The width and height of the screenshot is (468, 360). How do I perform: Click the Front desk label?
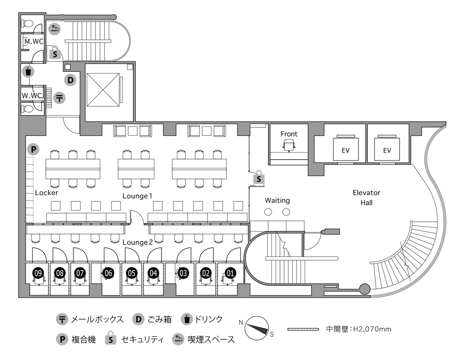[x=289, y=134]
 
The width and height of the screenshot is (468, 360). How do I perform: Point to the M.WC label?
[x=34, y=41]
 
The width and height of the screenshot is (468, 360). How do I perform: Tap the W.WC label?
[x=32, y=96]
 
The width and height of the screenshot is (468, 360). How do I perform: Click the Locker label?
[x=46, y=192]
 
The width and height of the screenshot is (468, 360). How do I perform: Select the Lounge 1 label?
[x=138, y=195]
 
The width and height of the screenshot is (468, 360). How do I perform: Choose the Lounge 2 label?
[x=138, y=242]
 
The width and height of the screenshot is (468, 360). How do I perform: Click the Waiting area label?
[x=277, y=200]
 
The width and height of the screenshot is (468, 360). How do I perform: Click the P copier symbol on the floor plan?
[x=33, y=149]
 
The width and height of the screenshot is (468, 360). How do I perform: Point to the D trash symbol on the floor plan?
[x=70, y=80]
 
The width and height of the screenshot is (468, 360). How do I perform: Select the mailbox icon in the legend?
[x=61, y=320]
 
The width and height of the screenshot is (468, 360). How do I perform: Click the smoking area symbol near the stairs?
[x=55, y=29]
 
